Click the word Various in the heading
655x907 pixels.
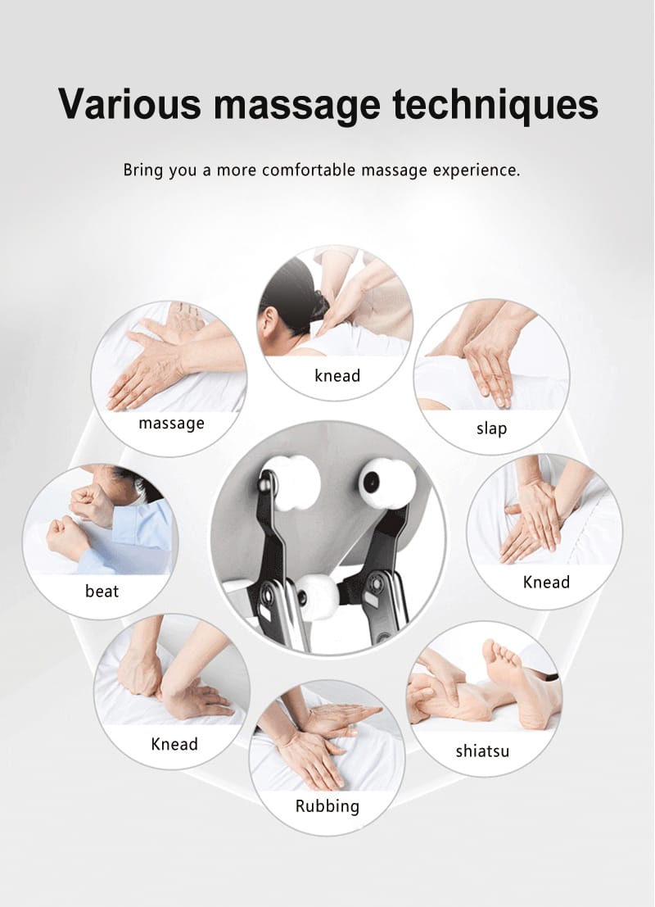tap(130, 104)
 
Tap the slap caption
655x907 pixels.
tap(491, 429)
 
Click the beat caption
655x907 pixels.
tap(102, 591)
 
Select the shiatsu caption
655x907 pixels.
tap(482, 751)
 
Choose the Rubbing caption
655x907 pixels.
tap(327, 805)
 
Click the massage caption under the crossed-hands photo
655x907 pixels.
tap(171, 424)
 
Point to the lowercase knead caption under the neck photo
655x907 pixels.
tap(337, 376)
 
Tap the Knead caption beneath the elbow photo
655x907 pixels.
tap(174, 744)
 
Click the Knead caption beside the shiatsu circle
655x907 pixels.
tap(546, 582)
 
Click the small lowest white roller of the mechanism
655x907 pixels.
tap(318, 597)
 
